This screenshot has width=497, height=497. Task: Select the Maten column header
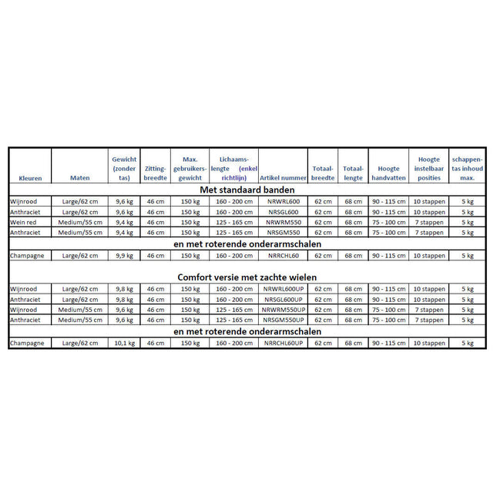click(79, 178)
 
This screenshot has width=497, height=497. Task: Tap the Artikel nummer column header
click(283, 178)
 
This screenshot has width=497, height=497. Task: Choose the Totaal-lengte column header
click(353, 173)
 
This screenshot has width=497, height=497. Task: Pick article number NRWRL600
click(283, 201)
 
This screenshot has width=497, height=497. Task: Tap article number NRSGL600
click(283, 212)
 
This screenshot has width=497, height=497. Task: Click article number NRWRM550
click(283, 222)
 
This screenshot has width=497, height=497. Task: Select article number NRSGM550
click(283, 232)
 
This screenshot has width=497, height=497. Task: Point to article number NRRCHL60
click(283, 255)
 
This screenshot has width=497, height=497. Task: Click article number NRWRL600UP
click(283, 289)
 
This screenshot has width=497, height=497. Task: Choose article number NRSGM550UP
click(283, 320)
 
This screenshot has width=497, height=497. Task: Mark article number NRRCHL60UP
click(283, 344)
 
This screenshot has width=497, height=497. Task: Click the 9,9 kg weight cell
click(124, 255)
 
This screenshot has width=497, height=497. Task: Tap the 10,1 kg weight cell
click(124, 344)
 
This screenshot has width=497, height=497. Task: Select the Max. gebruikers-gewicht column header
click(190, 167)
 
